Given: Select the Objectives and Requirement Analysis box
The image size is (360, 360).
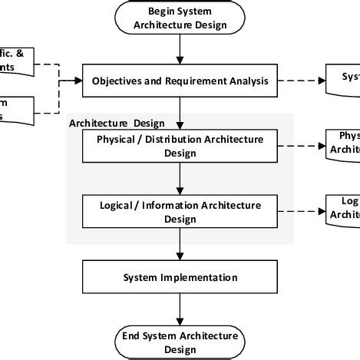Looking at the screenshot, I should (x=180, y=81).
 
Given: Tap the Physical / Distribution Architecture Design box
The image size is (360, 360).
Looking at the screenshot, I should (x=180, y=146).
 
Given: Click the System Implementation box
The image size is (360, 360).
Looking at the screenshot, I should (x=180, y=277).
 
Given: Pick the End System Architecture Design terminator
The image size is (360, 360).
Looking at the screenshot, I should (x=180, y=341).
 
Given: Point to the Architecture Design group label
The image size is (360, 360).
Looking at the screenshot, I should (x=106, y=123).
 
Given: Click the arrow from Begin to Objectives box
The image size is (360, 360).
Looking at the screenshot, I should (x=180, y=51).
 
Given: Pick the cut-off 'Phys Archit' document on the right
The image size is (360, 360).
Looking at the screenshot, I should (x=344, y=144).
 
